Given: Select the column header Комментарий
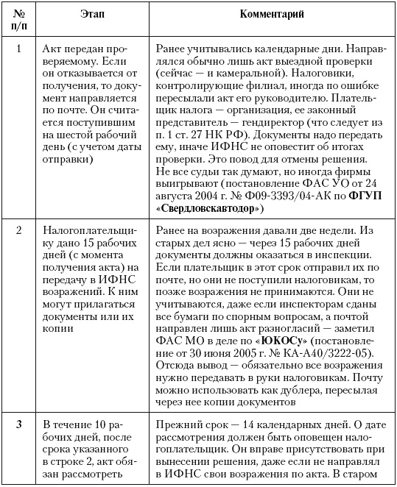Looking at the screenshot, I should coord(271,15).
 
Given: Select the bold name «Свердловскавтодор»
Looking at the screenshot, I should coord(208,209).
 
